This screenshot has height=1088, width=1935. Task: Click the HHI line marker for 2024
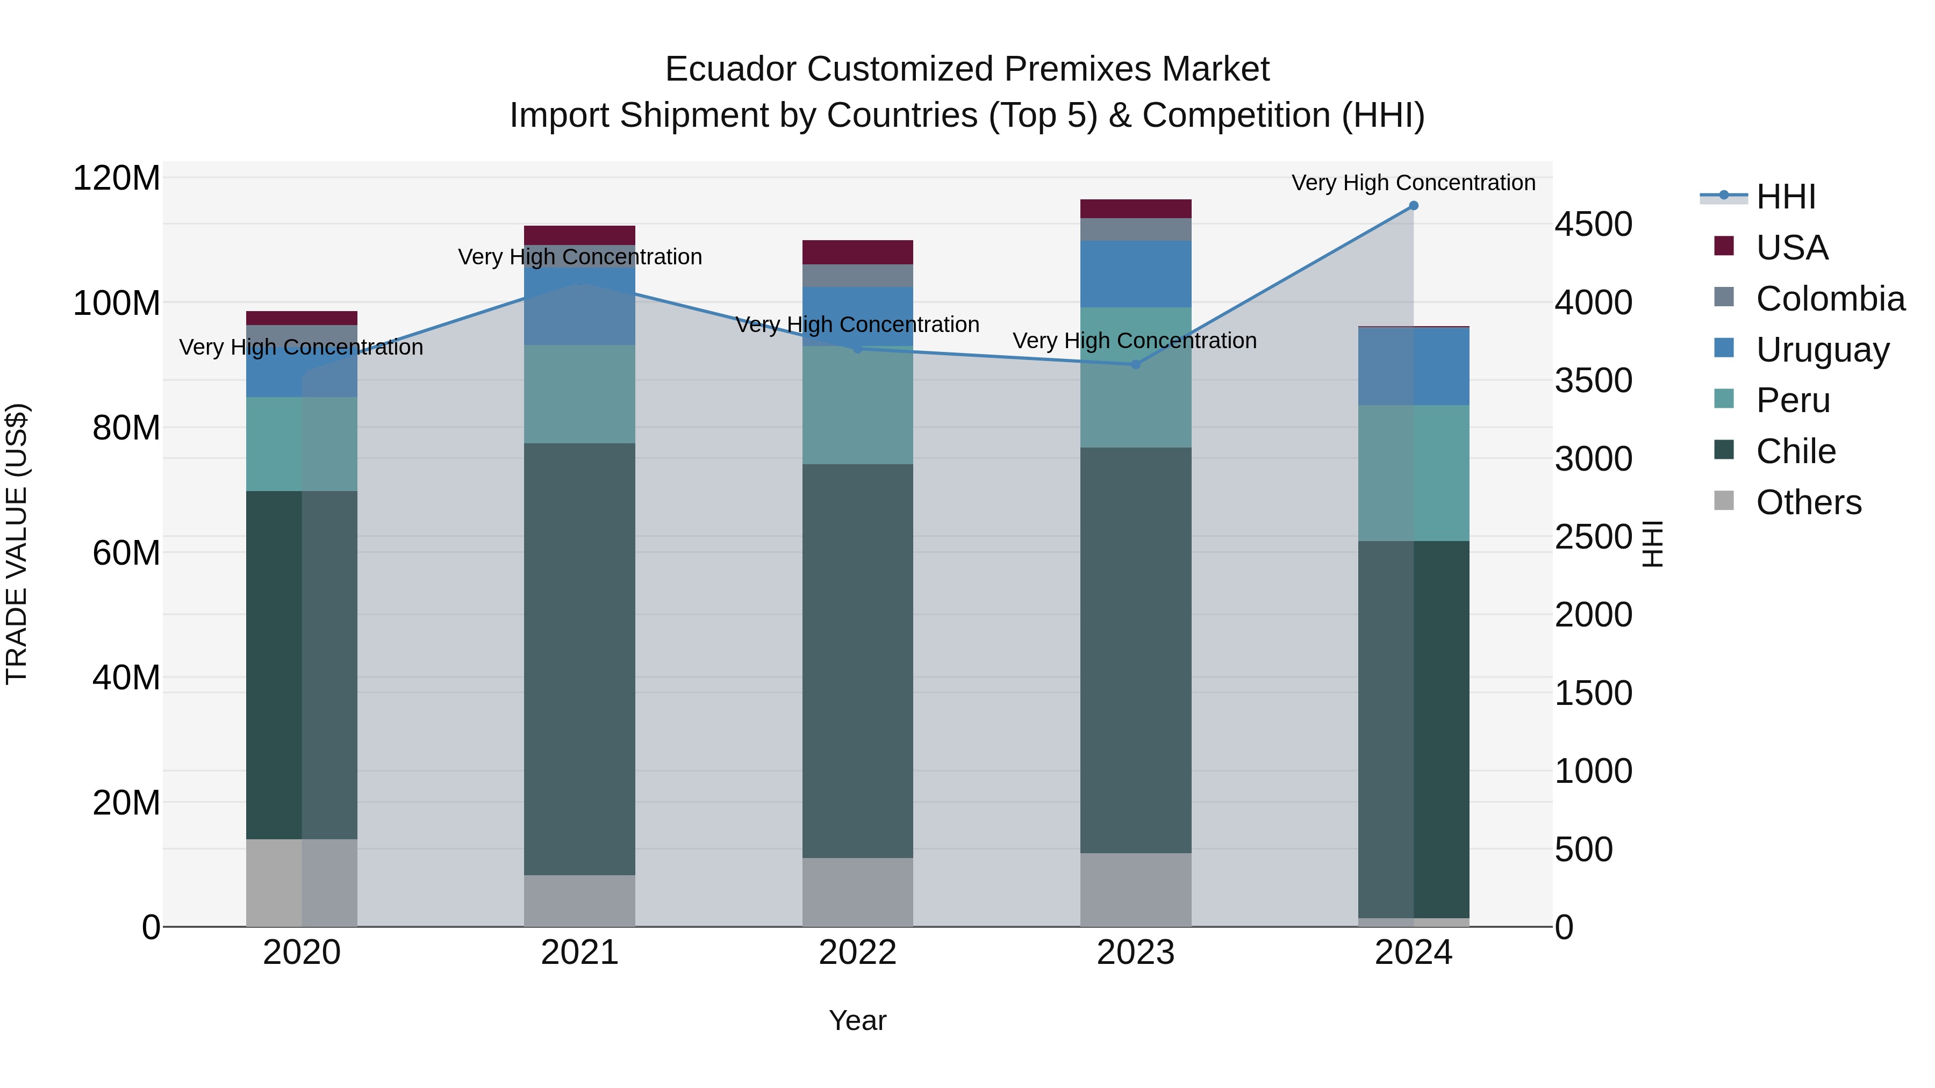pos(1413,206)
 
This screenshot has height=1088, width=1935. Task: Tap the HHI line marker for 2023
pos(1135,364)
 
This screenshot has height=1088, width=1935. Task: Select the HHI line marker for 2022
pos(857,348)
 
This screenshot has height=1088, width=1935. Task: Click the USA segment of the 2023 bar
pos(1135,209)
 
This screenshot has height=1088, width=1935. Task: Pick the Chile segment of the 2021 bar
pos(579,659)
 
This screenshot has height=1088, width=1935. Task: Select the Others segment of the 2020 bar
pos(301,882)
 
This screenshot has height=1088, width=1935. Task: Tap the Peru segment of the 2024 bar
pos(1413,473)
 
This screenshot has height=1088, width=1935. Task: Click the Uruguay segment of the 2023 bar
pos(1135,274)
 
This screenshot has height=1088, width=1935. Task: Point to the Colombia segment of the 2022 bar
pos(857,276)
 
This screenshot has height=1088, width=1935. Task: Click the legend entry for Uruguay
pos(1822,350)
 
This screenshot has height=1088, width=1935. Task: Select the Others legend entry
pos(1808,502)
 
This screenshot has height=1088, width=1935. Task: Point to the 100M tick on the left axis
pos(117,304)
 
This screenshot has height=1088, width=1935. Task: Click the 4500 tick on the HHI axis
pos(1593,225)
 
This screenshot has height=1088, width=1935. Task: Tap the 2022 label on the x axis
pos(857,953)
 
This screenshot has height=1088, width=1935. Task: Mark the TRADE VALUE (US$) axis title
pos(17,544)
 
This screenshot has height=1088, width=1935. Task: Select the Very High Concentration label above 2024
pos(1413,183)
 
